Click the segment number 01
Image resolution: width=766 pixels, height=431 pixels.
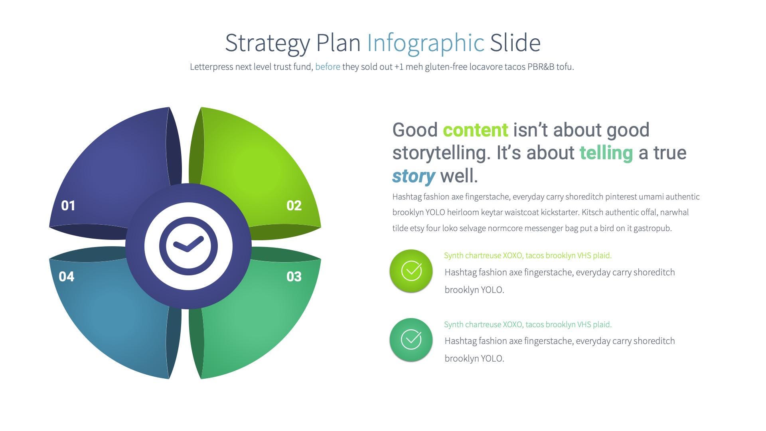click(x=68, y=206)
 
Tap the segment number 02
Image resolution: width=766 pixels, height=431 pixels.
click(x=294, y=206)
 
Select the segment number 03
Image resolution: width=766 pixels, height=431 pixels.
click(x=294, y=277)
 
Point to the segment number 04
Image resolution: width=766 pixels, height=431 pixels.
click(x=67, y=277)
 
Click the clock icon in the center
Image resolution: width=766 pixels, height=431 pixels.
click(x=188, y=246)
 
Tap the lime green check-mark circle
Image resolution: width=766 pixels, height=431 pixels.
click(x=411, y=271)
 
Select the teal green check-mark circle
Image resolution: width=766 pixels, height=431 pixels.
click(x=411, y=340)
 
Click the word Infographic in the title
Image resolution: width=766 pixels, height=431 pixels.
click(x=425, y=43)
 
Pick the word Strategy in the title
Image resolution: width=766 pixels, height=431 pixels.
click(x=267, y=43)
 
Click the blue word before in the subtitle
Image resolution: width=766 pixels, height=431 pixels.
click(x=328, y=67)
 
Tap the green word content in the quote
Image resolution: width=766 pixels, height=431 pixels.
click(x=476, y=130)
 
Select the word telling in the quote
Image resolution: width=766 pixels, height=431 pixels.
click(x=606, y=153)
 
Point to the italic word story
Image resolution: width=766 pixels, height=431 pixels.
click(x=413, y=176)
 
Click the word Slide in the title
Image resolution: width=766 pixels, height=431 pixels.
click(x=515, y=43)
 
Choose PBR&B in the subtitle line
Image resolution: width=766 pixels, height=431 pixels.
click(x=541, y=67)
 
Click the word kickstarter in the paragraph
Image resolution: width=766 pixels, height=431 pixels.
click(x=558, y=212)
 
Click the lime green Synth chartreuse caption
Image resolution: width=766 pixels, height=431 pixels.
click(x=527, y=255)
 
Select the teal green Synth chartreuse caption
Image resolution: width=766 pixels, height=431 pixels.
click(x=527, y=324)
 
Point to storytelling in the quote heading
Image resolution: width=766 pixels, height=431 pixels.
click(x=442, y=153)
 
